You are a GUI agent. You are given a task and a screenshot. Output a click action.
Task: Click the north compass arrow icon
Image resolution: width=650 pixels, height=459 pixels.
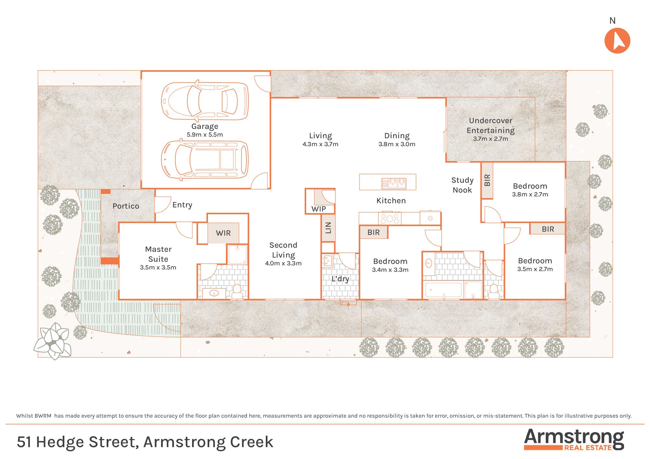pos(617,41)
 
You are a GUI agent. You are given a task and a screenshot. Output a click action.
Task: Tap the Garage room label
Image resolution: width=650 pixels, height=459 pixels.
pos(205,126)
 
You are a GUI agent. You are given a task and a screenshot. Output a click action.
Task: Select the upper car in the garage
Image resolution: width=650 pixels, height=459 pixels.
pos(205,100)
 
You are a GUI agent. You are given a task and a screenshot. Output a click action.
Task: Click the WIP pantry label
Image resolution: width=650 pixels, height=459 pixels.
pos(318,209)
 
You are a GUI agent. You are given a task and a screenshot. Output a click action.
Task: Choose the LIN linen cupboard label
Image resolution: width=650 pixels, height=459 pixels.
pos(328,228)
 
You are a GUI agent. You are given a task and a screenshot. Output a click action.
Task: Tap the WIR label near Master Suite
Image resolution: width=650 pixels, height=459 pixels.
pos(223,233)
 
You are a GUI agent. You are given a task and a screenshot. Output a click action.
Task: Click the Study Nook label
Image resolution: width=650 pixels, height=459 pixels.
pos(462,185)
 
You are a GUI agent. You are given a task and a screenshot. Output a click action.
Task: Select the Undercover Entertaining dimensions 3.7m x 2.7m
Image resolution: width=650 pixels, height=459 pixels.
pos(490,139)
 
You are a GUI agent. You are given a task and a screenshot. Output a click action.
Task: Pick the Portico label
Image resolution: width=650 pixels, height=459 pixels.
pos(126,206)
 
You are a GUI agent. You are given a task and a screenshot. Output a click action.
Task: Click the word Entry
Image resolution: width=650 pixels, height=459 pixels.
pos(182,205)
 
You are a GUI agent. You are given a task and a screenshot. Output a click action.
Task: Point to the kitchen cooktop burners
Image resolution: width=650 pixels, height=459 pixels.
pos(390,218)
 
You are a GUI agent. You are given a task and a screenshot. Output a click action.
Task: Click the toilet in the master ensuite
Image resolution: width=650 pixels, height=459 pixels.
pos(237,291)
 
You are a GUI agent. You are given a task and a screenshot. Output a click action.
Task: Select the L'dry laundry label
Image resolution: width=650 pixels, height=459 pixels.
pos(340,279)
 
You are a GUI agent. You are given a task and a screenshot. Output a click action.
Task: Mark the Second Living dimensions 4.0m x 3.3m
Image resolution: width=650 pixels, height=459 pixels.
pos(283,263)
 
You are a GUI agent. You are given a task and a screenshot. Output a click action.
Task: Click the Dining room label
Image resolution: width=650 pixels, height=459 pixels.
pos(397,136)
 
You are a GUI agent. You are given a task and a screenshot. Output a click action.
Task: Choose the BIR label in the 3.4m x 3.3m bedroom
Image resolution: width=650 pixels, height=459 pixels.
pos(373,232)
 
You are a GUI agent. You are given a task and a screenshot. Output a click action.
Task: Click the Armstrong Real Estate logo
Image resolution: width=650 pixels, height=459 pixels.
pos(574,440)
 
